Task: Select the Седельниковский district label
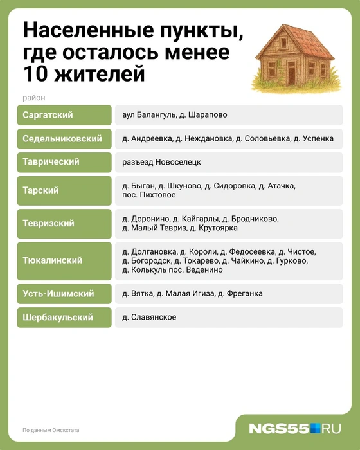point(62,139)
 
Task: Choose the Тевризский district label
point(48,223)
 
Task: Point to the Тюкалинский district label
point(52,260)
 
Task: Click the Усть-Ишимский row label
point(58,294)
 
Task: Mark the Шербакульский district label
point(57,318)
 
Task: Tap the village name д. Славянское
point(149,318)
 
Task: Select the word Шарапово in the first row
point(208,115)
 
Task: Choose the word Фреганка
point(245,294)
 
